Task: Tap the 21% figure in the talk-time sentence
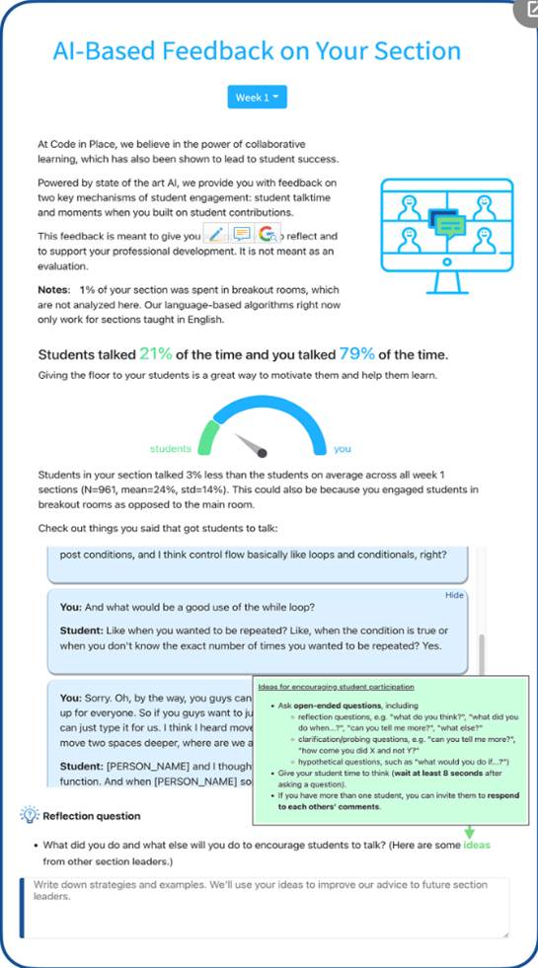click(156, 354)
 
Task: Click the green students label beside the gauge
click(170, 449)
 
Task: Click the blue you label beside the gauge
click(342, 449)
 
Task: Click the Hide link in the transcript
click(454, 596)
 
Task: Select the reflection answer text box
click(265, 906)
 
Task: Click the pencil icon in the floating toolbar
click(216, 234)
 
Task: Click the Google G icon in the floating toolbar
click(267, 234)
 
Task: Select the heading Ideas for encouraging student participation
click(336, 686)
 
